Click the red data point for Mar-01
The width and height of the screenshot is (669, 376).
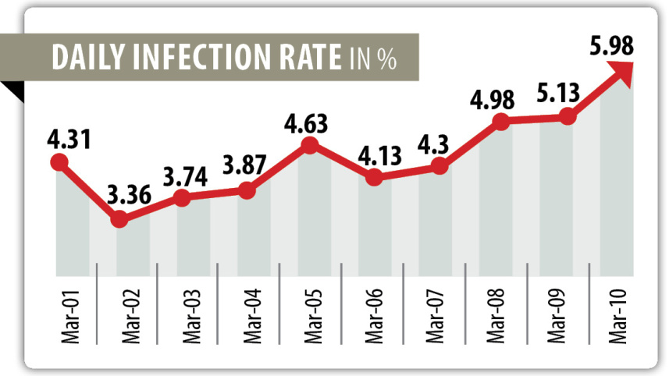pyautogui.click(x=59, y=162)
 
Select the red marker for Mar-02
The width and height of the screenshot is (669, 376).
pyautogui.click(x=119, y=220)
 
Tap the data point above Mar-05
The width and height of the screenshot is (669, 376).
pyautogui.click(x=309, y=145)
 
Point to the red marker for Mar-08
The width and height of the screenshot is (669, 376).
pyautogui.click(x=501, y=122)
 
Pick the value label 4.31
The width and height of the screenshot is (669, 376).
pyautogui.click(x=68, y=141)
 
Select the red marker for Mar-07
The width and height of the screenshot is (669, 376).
pyautogui.click(x=439, y=165)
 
